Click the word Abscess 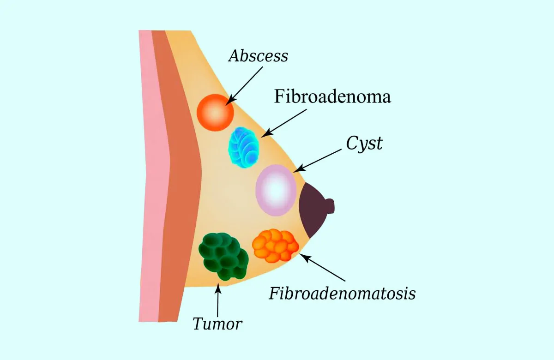[258, 56]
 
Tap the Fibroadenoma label [332, 97]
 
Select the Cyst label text [365, 143]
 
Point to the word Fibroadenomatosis [342, 293]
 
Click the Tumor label [217, 324]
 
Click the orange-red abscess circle [215, 112]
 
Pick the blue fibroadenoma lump [244, 147]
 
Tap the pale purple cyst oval [276, 190]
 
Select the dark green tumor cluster [223, 256]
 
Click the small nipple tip [330, 206]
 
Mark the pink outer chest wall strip [149, 185]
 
